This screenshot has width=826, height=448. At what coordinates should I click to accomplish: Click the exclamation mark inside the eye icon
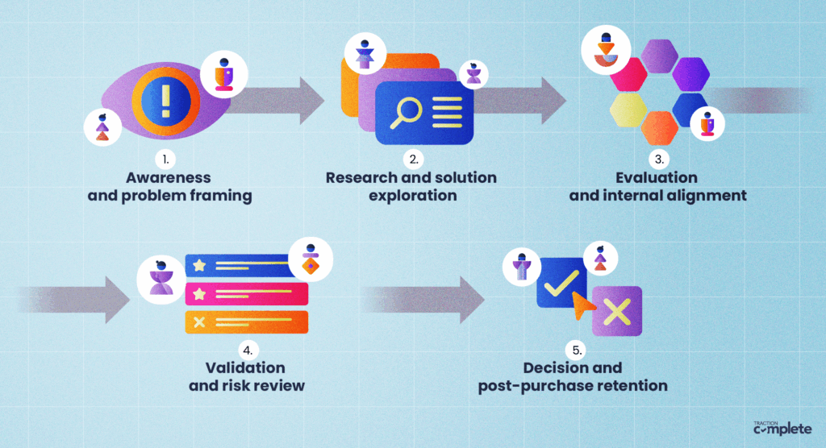(x=166, y=101)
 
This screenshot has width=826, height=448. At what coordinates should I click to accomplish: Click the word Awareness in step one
(x=167, y=177)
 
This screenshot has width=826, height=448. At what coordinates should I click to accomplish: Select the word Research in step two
(x=358, y=177)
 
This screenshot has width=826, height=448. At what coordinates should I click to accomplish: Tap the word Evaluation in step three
(x=661, y=177)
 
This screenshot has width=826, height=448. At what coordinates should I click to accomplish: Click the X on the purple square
(x=617, y=311)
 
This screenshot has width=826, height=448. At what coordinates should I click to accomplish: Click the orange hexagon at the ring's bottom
(x=660, y=127)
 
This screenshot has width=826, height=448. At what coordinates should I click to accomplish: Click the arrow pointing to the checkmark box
(x=428, y=299)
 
